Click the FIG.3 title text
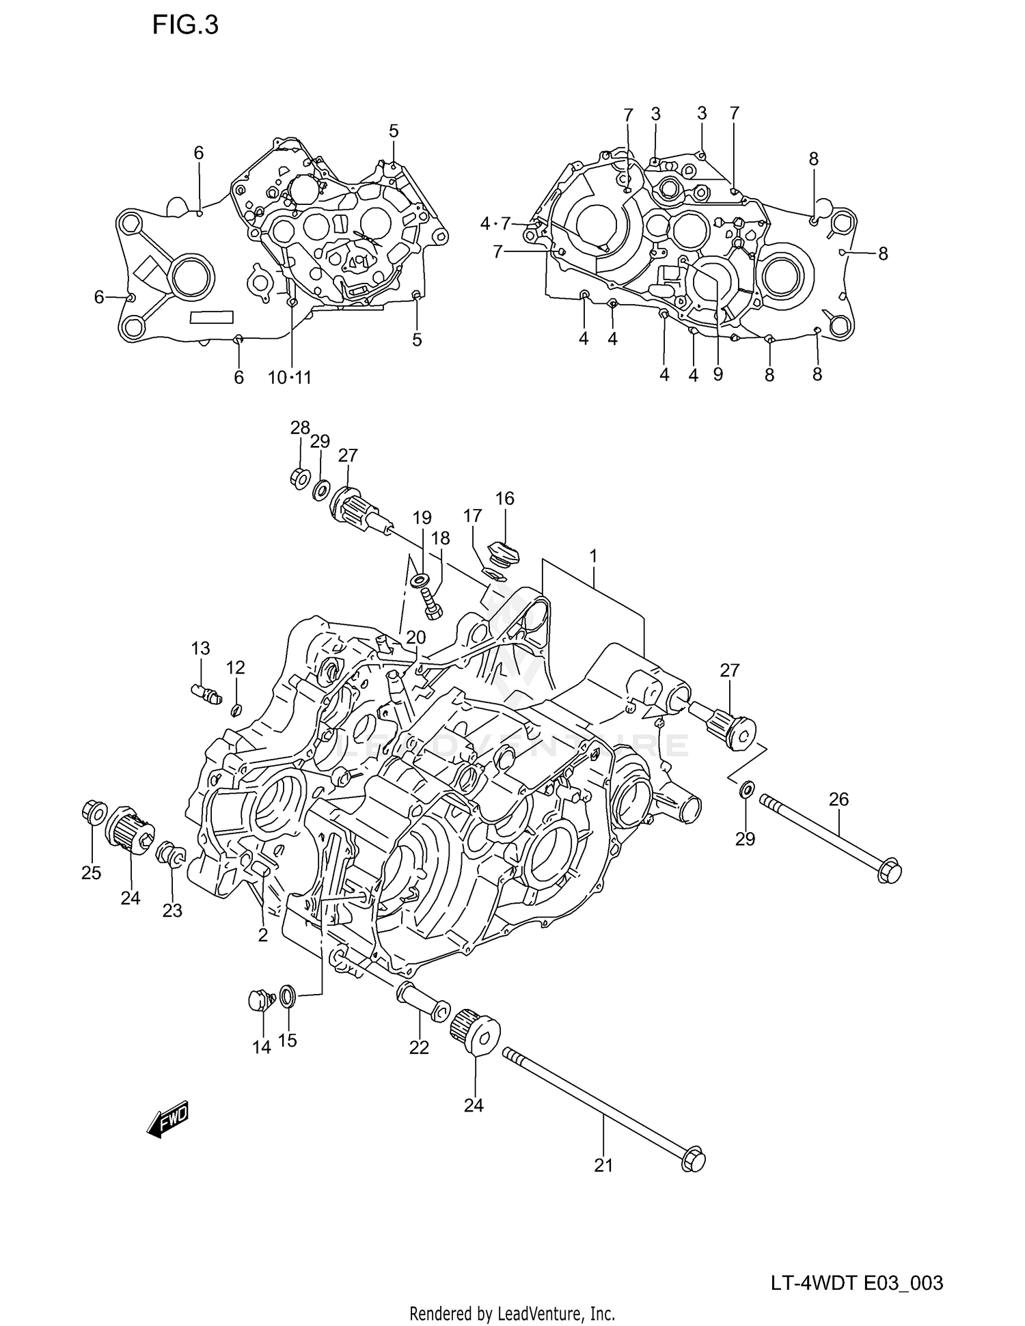click(185, 25)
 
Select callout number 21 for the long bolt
click(603, 1165)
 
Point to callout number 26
click(838, 799)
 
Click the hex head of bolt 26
click(889, 872)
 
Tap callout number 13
click(200, 648)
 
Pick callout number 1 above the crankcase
click(593, 556)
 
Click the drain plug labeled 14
click(260, 1002)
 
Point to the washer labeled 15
click(288, 996)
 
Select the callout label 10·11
click(290, 377)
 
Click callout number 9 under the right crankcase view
click(717, 374)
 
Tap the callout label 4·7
click(495, 223)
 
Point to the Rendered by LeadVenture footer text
click(512, 1313)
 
